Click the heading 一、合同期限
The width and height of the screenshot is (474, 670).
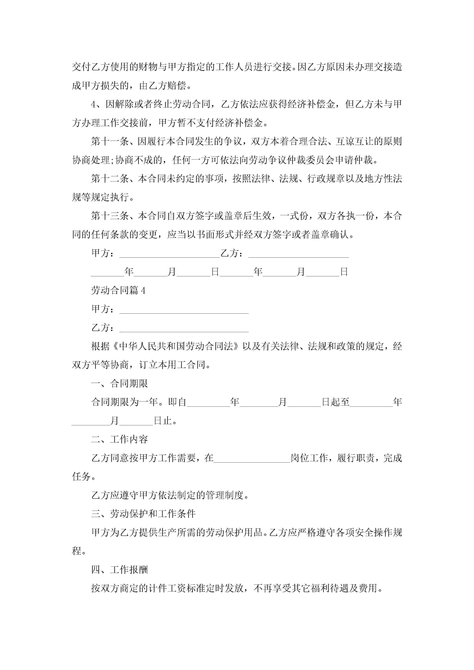(x=119, y=384)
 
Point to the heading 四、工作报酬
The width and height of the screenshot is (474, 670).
(x=119, y=570)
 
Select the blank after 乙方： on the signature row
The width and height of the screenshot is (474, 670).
(x=299, y=254)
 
